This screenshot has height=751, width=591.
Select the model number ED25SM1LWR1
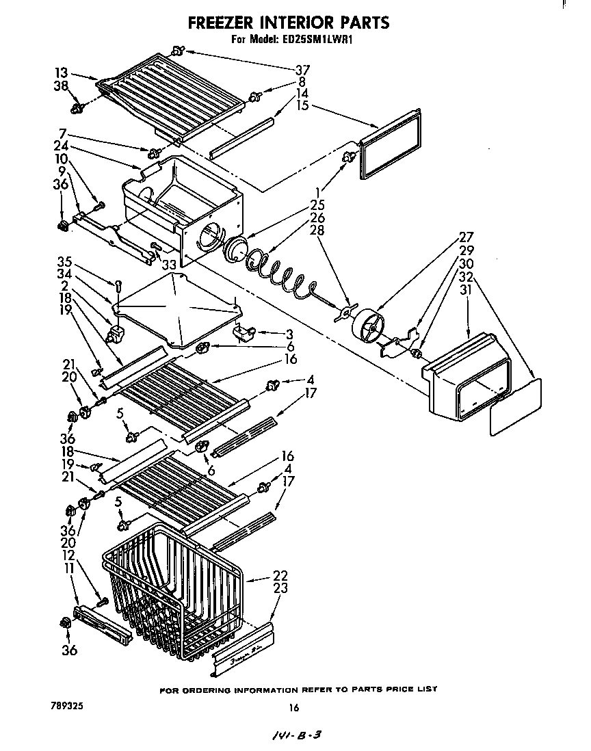click(x=321, y=40)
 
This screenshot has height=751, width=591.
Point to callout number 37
click(x=302, y=69)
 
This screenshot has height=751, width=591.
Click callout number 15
click(x=302, y=105)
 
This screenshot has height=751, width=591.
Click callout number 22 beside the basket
click(x=280, y=575)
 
